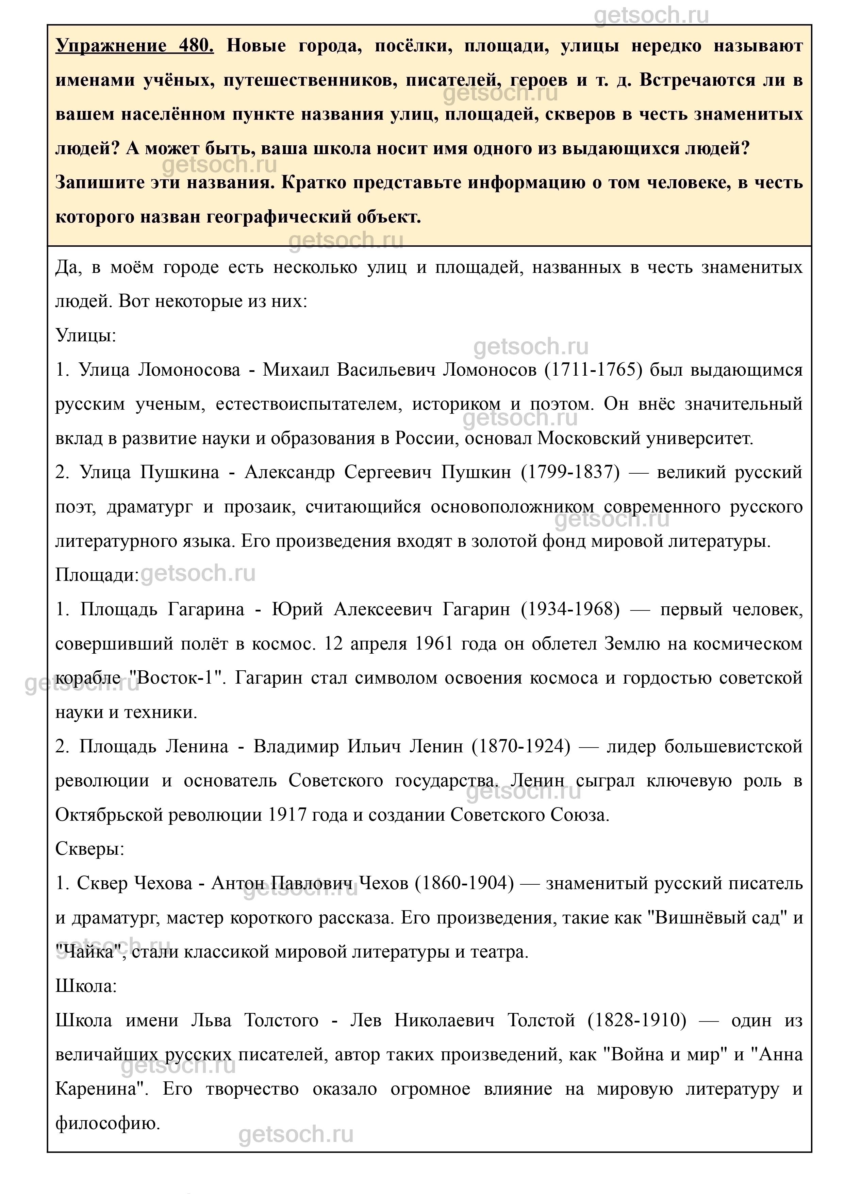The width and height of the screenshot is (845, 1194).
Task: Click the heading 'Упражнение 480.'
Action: point(134,46)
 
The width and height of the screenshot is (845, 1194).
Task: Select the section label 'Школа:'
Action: point(86,985)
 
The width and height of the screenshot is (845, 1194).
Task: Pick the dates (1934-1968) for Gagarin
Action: point(571,609)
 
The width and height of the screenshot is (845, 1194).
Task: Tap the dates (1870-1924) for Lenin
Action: point(521,747)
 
